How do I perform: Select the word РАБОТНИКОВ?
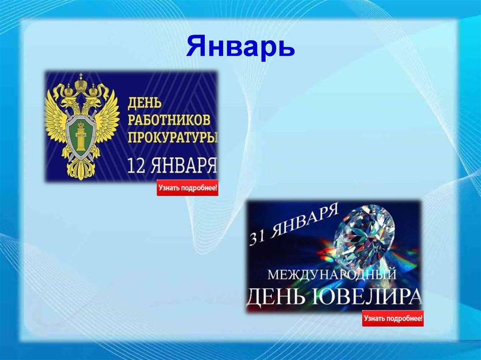pos(168,120)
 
